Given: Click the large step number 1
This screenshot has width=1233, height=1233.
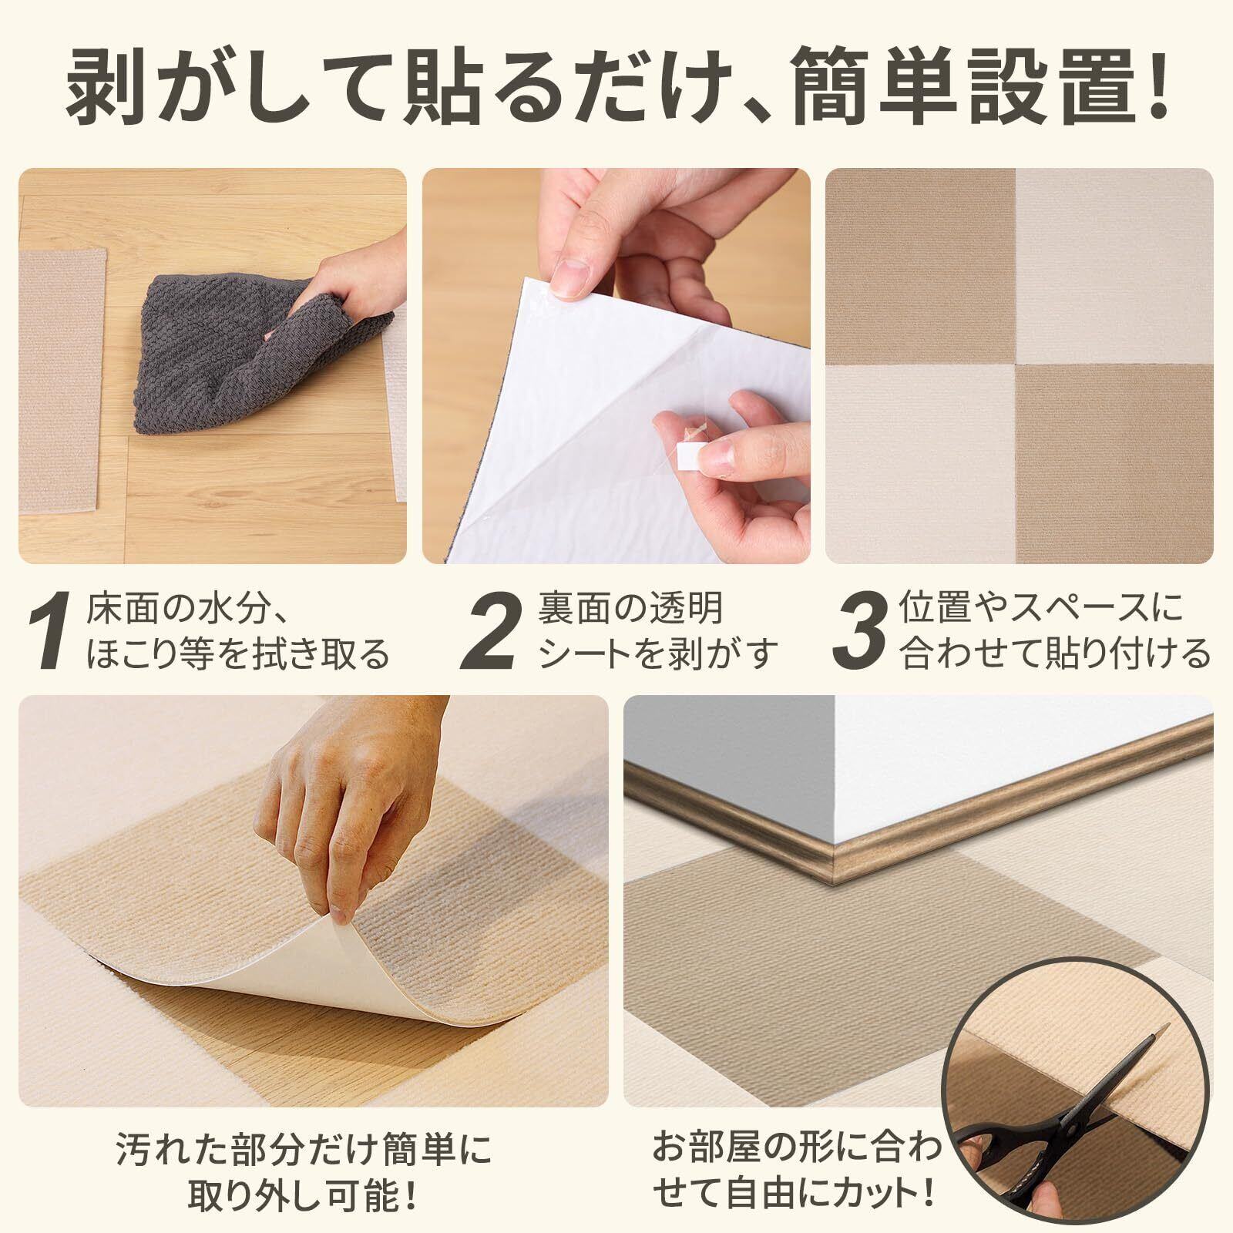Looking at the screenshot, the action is pyautogui.click(x=49, y=630).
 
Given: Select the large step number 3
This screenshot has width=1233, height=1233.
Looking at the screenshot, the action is pyautogui.click(x=858, y=630).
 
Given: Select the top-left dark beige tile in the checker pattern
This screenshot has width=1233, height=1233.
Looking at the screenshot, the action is pyautogui.click(x=921, y=267).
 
